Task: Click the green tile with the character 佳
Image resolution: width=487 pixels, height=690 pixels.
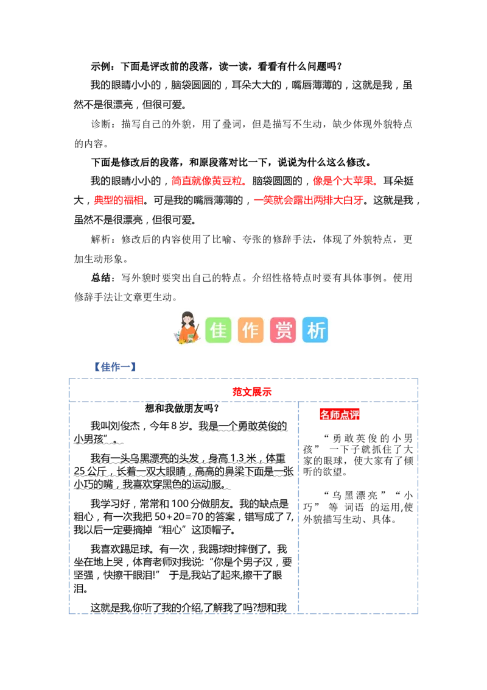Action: (218, 330)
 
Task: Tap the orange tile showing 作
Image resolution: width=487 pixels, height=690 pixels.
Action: (250, 330)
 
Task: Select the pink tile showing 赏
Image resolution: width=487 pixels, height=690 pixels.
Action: (282, 330)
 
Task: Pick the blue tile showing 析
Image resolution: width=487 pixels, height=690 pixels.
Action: (315, 330)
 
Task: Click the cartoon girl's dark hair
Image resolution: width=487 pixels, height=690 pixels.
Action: (187, 316)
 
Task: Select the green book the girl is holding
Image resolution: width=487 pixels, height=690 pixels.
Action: (191, 337)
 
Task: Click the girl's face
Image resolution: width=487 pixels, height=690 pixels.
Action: (187, 321)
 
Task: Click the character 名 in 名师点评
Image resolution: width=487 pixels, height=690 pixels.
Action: (324, 415)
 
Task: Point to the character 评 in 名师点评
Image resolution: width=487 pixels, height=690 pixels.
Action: (354, 415)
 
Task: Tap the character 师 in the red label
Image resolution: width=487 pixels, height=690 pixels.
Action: (334, 415)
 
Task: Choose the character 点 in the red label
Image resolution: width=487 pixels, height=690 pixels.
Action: (345, 415)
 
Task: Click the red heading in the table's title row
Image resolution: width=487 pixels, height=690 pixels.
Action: (251, 392)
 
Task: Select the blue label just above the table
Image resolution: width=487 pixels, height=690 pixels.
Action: (114, 367)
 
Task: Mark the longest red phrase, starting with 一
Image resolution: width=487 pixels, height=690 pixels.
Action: (309, 200)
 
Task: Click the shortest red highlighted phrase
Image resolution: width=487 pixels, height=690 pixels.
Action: (119, 200)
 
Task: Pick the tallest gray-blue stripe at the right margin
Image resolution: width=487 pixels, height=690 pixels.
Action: (453, 424)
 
